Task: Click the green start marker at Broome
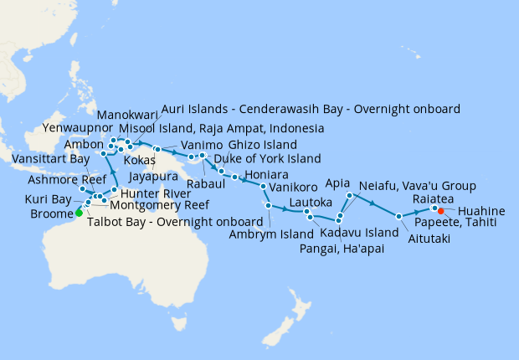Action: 79,213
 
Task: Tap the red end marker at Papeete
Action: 440,211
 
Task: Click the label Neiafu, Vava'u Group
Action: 417,186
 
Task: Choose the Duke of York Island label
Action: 268,158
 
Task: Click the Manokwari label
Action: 126,114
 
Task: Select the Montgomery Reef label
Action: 159,205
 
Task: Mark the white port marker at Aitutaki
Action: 399,216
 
